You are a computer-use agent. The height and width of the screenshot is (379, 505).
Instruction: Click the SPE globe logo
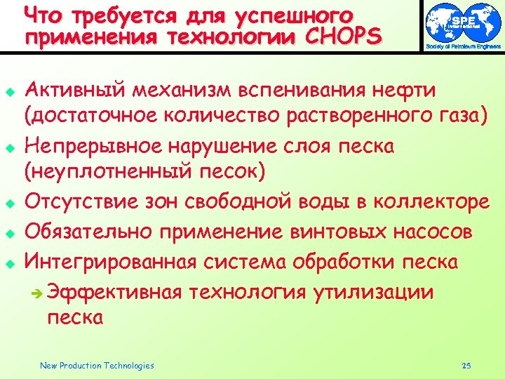click(464, 21)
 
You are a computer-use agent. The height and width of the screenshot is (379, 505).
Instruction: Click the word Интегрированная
click(112, 262)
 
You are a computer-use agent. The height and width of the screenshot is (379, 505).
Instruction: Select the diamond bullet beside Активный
click(10, 92)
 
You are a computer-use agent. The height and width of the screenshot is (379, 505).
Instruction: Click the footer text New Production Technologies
click(97, 365)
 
